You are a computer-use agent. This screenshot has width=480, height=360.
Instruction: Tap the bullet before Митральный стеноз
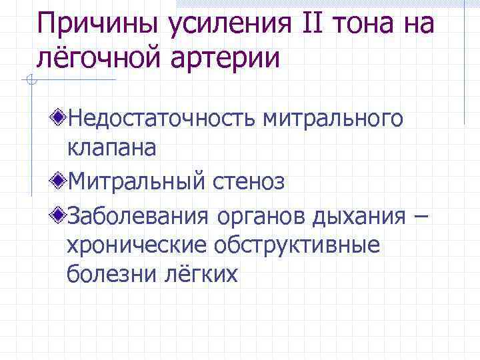60,180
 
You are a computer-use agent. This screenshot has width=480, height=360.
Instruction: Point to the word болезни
109,274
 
